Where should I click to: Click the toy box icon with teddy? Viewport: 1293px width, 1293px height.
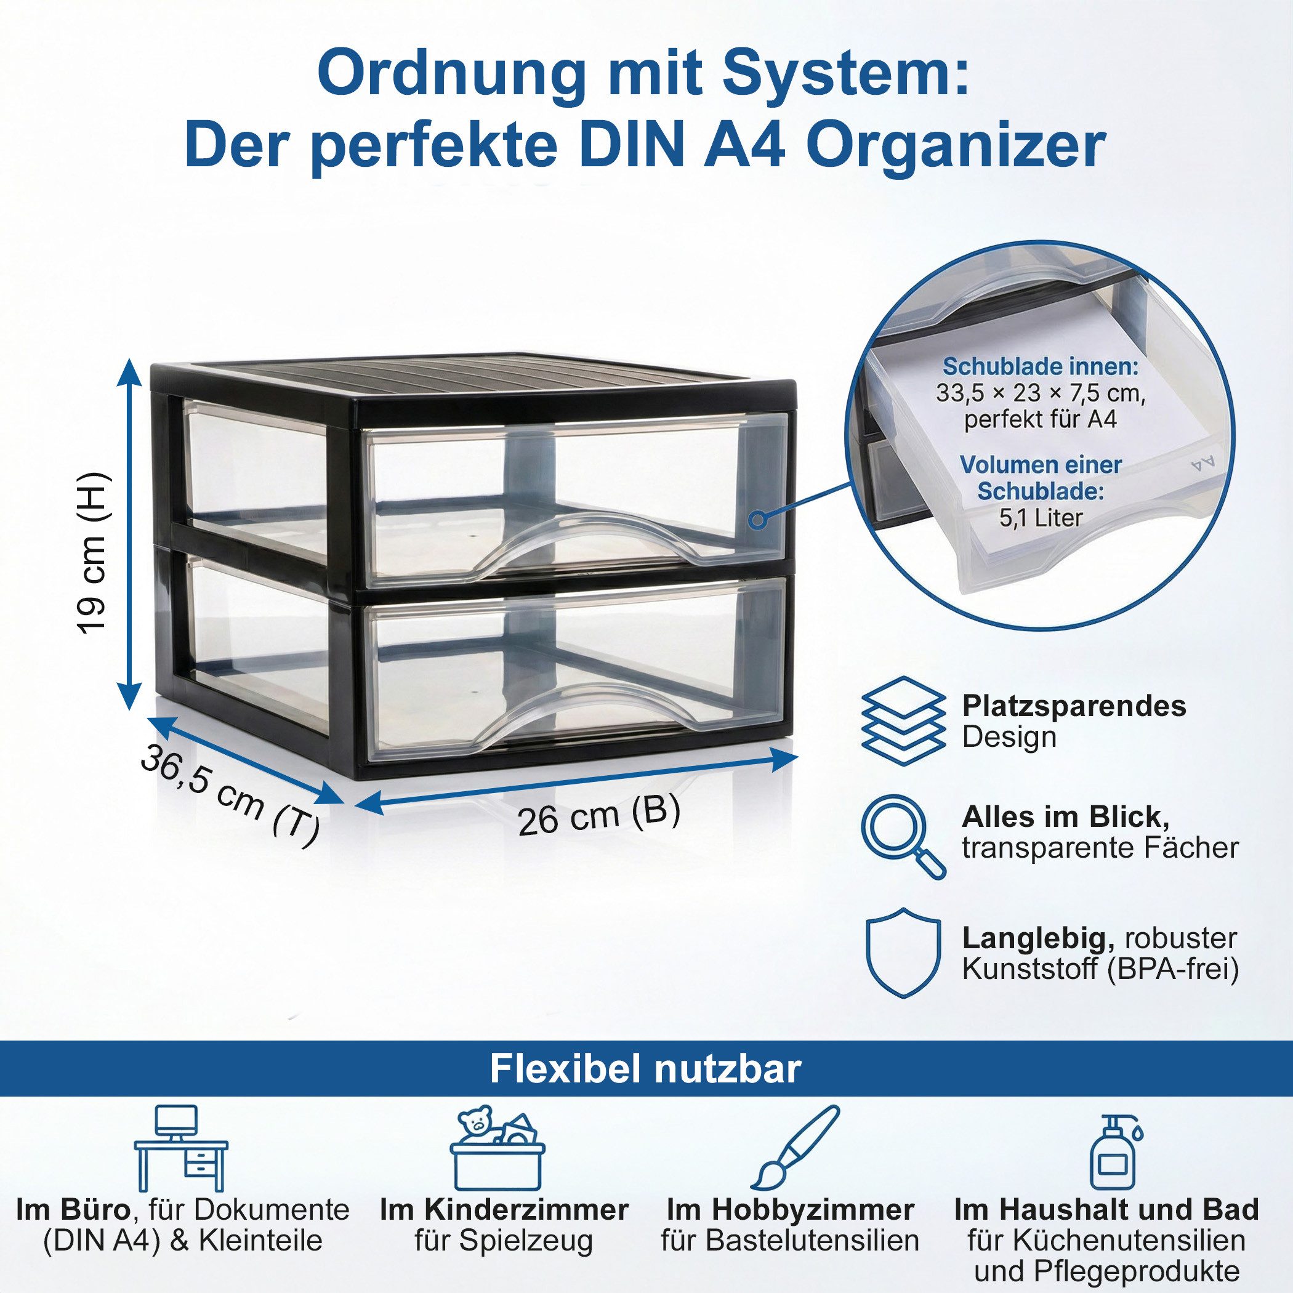pos(496,1149)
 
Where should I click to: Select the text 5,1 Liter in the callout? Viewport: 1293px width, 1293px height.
pos(1041,517)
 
